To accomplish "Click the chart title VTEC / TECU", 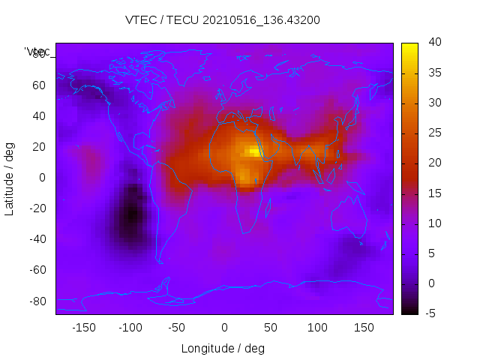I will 222,20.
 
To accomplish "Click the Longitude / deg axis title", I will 223,348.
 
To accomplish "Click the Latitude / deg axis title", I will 10,178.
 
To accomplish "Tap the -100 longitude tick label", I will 130,328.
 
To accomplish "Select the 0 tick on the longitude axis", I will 223,328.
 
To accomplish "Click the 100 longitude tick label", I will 317,328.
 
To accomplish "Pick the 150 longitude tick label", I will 364,328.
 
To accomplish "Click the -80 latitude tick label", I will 37,301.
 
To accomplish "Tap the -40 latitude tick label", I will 37,239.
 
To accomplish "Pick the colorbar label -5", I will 430,313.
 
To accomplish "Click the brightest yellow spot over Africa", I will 256,151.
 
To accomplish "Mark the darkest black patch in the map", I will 132,214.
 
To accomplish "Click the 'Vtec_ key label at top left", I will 37,52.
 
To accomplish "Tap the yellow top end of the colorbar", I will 409,46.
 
